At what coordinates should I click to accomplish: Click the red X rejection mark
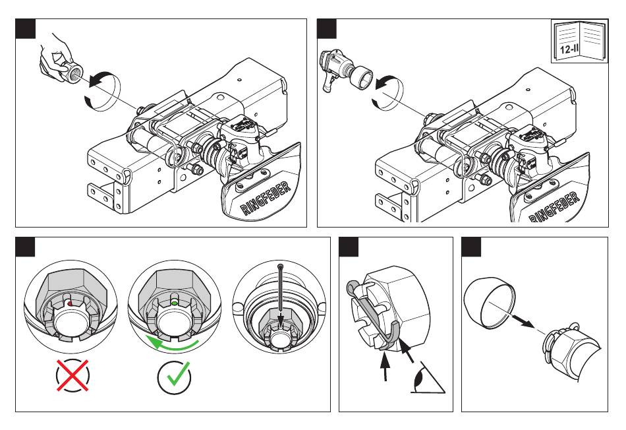point(72,375)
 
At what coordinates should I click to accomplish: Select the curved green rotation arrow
point(173,344)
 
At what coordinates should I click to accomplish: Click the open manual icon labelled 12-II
point(580,40)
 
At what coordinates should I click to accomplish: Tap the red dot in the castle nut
point(69,304)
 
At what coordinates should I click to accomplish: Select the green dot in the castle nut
point(175,303)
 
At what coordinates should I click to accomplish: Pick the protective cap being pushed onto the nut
point(489,301)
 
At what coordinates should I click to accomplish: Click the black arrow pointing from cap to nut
point(524,321)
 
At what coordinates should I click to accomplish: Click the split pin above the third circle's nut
point(282,295)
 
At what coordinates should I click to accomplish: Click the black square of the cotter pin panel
point(349,247)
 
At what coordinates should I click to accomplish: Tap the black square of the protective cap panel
point(472,247)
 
